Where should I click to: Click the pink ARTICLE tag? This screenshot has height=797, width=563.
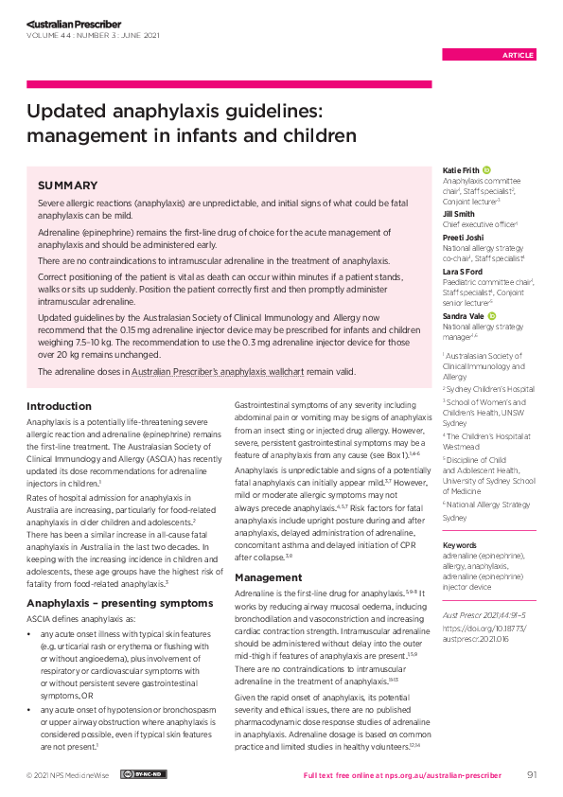point(518,55)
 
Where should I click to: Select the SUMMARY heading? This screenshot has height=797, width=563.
point(67,186)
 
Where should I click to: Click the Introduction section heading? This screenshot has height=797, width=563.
point(59,405)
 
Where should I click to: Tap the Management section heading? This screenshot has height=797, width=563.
point(268,576)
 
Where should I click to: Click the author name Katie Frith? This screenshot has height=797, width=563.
point(461,168)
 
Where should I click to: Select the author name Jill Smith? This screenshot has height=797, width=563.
point(459,215)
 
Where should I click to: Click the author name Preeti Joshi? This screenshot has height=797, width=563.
point(462,238)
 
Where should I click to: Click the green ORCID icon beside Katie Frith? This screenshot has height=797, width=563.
point(486,168)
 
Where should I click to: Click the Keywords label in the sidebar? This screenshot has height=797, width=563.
point(461,545)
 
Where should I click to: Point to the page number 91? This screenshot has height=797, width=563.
point(532,775)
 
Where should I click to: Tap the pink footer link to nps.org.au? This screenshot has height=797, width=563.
point(409,775)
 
